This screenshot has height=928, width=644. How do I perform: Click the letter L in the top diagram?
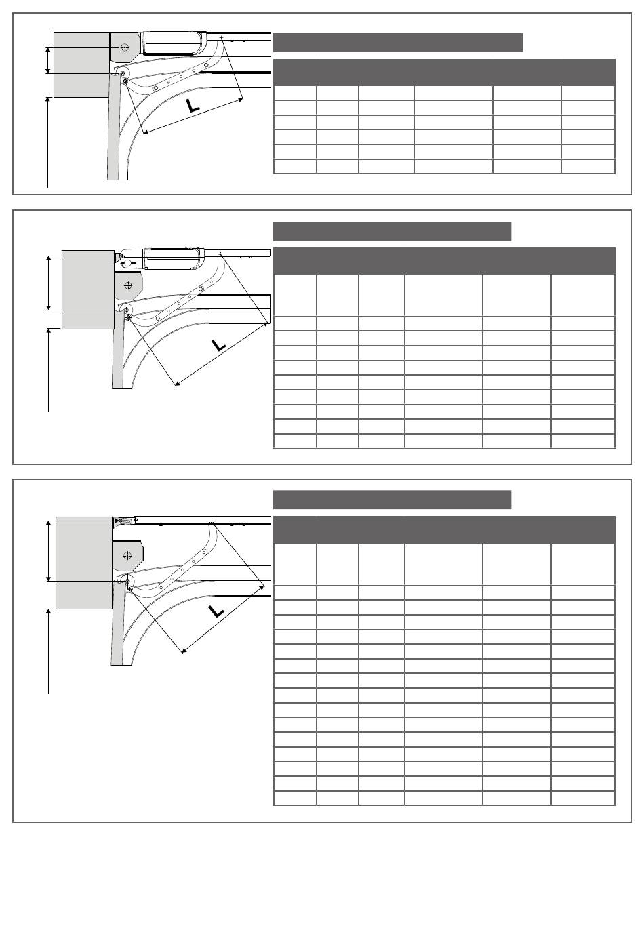[x=193, y=106]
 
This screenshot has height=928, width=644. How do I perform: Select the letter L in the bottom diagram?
[x=216, y=611]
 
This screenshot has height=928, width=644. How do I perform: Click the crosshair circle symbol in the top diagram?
[x=124, y=47]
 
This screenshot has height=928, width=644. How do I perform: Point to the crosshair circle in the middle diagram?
[x=128, y=285]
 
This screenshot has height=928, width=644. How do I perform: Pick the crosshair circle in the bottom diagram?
[x=127, y=556]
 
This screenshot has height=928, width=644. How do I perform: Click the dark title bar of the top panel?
[x=398, y=43]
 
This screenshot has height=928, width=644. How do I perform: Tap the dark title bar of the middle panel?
[x=392, y=232]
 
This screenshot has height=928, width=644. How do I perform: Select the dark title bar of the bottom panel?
[x=392, y=500]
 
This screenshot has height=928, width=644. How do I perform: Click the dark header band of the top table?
[x=444, y=73]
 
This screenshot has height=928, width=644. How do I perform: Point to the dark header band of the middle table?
[x=444, y=261]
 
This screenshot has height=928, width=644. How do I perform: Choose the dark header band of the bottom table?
[x=444, y=529]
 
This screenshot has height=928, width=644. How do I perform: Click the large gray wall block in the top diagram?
[x=81, y=64]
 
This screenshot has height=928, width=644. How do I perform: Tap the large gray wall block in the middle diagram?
[x=88, y=289]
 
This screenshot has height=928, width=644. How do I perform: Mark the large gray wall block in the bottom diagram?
[x=84, y=563]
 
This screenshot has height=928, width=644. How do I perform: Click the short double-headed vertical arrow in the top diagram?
[x=49, y=60]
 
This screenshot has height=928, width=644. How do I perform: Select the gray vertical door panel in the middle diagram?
[x=118, y=350]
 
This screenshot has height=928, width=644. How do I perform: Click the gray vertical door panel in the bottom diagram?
[x=118, y=623]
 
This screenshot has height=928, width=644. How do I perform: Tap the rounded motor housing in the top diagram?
[x=172, y=43]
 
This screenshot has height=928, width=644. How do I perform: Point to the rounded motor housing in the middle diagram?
[x=172, y=258]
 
